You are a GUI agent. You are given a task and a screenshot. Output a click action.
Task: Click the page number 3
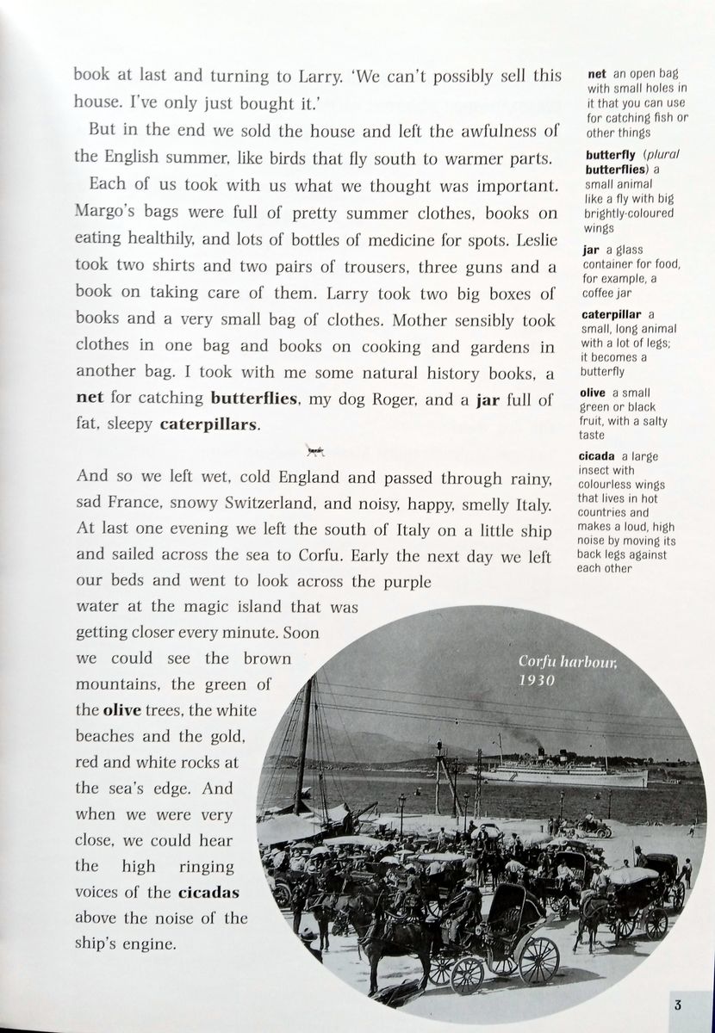679,1005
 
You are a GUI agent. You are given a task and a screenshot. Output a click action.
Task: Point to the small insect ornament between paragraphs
315,449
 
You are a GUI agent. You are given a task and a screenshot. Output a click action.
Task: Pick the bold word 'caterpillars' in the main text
208,425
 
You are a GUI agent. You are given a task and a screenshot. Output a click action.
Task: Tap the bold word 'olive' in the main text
121,711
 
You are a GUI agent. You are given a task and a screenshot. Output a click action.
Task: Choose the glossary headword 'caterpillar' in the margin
612,314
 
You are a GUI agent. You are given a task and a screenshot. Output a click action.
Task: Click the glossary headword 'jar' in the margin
591,250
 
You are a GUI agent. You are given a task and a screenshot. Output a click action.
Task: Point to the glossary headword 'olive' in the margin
599,393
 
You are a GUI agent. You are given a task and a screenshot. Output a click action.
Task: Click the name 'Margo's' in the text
106,213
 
